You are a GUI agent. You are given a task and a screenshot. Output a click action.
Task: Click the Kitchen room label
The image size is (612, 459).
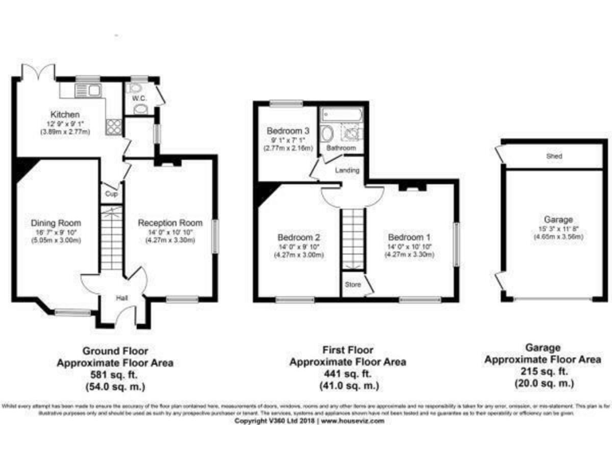coord(65,114)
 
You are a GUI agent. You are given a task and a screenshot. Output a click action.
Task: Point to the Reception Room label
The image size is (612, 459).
coord(170,223)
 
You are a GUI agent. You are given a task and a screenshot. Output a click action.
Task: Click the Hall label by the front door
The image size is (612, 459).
coord(123,298)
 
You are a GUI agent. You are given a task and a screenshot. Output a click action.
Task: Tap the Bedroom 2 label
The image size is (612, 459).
coord(298,237)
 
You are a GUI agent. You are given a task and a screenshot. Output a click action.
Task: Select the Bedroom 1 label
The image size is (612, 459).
coord(409,237)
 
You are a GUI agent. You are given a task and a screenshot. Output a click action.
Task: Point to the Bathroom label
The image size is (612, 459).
coord(341,148)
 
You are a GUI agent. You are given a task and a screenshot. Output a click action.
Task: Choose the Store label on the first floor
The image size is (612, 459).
coord(352,284)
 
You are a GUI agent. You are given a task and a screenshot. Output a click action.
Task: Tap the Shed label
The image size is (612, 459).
coord(553,157)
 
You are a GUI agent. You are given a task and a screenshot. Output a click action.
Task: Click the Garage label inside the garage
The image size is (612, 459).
coord(554,219)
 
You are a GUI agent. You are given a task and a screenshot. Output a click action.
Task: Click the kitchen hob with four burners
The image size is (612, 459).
coord(113,126)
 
